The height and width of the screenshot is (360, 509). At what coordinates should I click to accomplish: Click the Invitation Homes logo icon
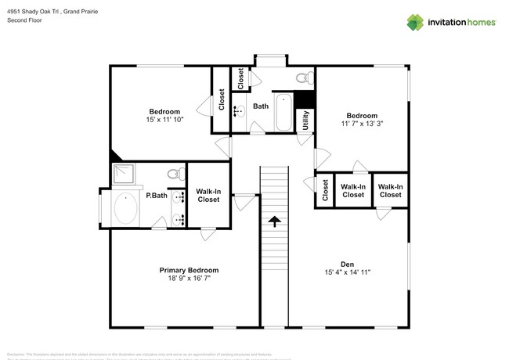pos(414,22)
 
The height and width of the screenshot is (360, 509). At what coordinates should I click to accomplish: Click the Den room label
pos(347,264)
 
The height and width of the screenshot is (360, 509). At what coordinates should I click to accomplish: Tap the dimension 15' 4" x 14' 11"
pos(347,272)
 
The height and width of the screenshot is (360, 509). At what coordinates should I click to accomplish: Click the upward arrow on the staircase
pos(274,223)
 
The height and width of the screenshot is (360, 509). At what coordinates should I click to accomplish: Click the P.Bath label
pos(156,196)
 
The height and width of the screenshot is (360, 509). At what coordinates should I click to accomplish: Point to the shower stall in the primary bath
pos(124,174)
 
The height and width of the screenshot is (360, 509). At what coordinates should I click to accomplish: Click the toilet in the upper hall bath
pos(303,78)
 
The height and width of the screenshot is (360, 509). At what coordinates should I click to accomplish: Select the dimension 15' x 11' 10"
pos(164,120)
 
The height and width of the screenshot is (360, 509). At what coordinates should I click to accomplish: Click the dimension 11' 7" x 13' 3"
pos(362,124)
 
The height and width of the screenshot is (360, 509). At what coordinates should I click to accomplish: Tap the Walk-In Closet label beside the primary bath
pos(208,195)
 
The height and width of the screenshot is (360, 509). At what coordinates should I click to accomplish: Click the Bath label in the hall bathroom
pos(260,106)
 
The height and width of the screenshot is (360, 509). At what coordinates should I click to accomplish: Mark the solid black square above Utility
pos(305,100)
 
